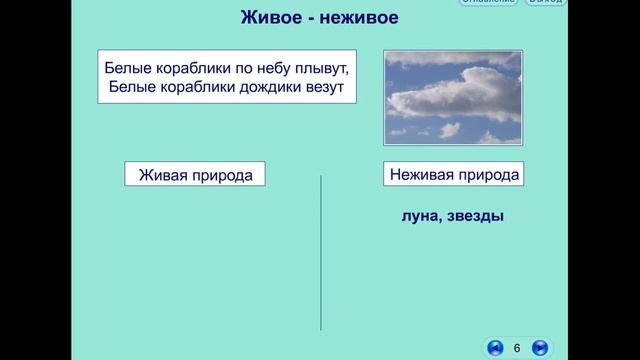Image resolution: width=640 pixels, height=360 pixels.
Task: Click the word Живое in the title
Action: tap(270, 18)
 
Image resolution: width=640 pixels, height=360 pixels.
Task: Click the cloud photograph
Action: tap(453, 97)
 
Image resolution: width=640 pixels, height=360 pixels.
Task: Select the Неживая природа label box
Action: tap(454, 174)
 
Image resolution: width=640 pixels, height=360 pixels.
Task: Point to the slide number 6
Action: tap(517, 347)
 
